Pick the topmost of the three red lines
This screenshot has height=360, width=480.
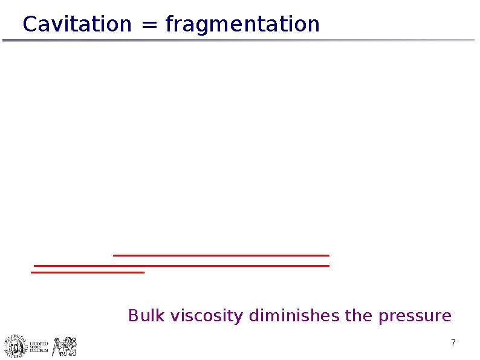pos(221,255)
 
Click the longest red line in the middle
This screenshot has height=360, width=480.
pos(181,265)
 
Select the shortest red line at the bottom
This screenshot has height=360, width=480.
pos(87,272)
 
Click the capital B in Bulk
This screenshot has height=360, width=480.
pos(133,316)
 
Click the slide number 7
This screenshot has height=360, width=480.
pos(453,344)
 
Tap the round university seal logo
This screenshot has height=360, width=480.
pos(15,346)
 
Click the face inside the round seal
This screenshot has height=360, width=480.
pos(15,347)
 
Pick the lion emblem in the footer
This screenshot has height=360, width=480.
pos(65,346)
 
